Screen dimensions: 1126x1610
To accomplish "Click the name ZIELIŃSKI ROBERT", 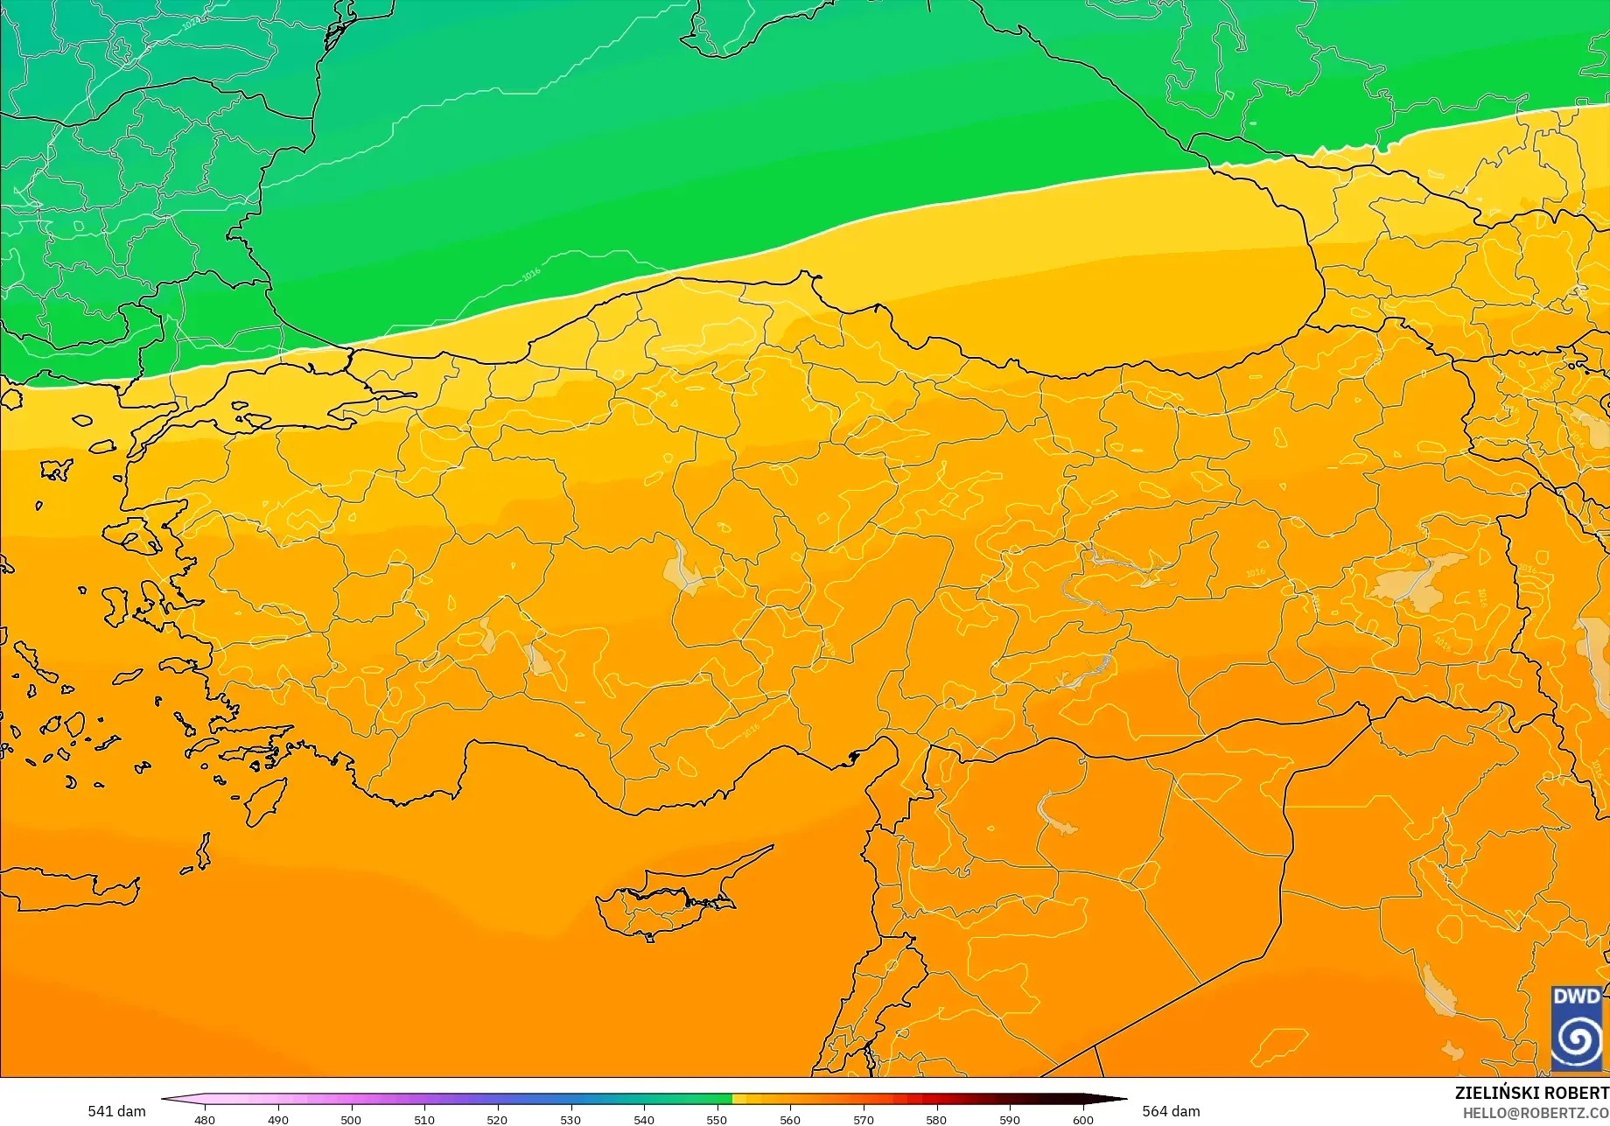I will [x=1531, y=1093].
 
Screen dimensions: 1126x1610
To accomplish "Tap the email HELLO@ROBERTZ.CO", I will [x=1536, y=1112].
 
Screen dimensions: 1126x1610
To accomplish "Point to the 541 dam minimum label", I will [x=116, y=1111].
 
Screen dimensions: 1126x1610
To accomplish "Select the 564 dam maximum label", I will [x=1171, y=1111].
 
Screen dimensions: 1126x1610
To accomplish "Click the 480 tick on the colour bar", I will [x=204, y=1119].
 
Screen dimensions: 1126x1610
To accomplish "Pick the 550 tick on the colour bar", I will [x=717, y=1119].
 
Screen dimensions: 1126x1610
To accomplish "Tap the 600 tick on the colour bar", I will [x=1083, y=1119].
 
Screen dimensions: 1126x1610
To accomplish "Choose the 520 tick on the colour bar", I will [x=497, y=1119].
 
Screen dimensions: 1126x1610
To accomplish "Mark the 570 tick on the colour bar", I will [x=864, y=1119].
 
